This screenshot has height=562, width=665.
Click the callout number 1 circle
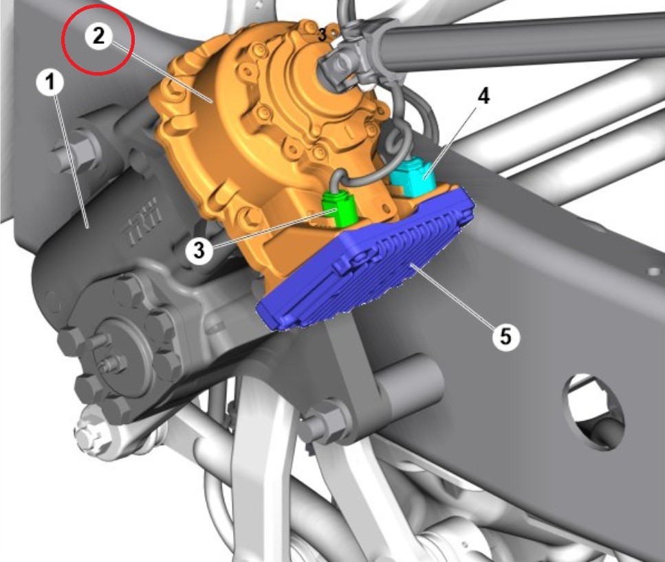click(50, 82)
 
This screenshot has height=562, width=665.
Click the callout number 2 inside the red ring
click(98, 36)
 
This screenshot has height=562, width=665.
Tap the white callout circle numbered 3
click(199, 250)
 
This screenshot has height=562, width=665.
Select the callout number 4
click(483, 97)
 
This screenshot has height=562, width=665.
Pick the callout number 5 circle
click(505, 337)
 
